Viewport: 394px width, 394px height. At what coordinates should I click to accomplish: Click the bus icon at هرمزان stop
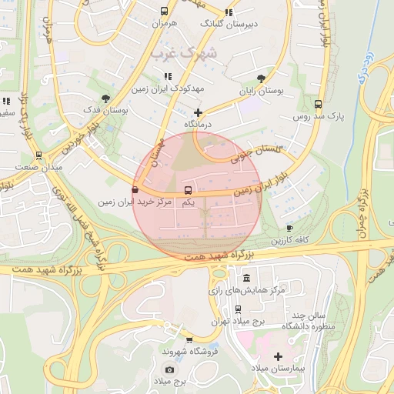(164, 12)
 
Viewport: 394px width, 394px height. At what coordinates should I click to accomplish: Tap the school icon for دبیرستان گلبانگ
(228, 12)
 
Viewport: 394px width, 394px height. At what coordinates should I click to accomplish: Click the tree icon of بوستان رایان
(262, 78)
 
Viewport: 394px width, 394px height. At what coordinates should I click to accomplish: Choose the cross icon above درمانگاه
(198, 112)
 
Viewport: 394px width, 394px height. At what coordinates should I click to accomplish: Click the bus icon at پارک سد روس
(319, 105)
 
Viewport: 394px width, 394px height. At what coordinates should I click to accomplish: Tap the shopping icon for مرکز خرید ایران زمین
(135, 189)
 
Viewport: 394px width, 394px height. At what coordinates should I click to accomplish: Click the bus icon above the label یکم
(188, 189)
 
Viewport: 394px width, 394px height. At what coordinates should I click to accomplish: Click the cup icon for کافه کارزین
(289, 228)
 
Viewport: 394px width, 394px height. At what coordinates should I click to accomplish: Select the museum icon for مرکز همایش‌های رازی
(245, 278)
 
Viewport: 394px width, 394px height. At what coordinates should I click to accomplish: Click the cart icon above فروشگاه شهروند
(189, 339)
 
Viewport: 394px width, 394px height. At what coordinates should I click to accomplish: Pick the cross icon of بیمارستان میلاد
(278, 356)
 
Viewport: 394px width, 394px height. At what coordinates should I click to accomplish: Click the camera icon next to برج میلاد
(169, 369)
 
